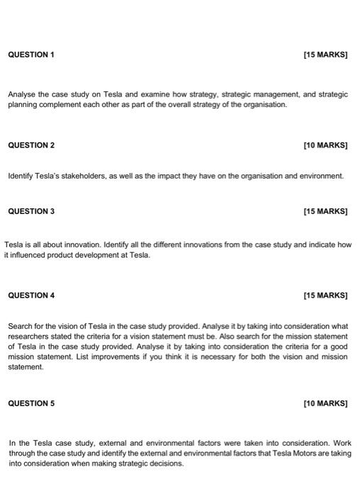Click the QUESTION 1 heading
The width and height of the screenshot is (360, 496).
click(x=30, y=55)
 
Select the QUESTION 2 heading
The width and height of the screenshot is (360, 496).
click(x=30, y=145)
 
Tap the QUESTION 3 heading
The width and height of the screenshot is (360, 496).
click(x=30, y=211)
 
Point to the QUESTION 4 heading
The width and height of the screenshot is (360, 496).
click(x=30, y=295)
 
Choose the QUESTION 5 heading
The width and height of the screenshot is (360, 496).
click(x=30, y=403)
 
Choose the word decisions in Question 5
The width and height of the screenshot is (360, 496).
click(x=164, y=463)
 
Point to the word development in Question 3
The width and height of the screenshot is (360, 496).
click(x=111, y=254)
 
